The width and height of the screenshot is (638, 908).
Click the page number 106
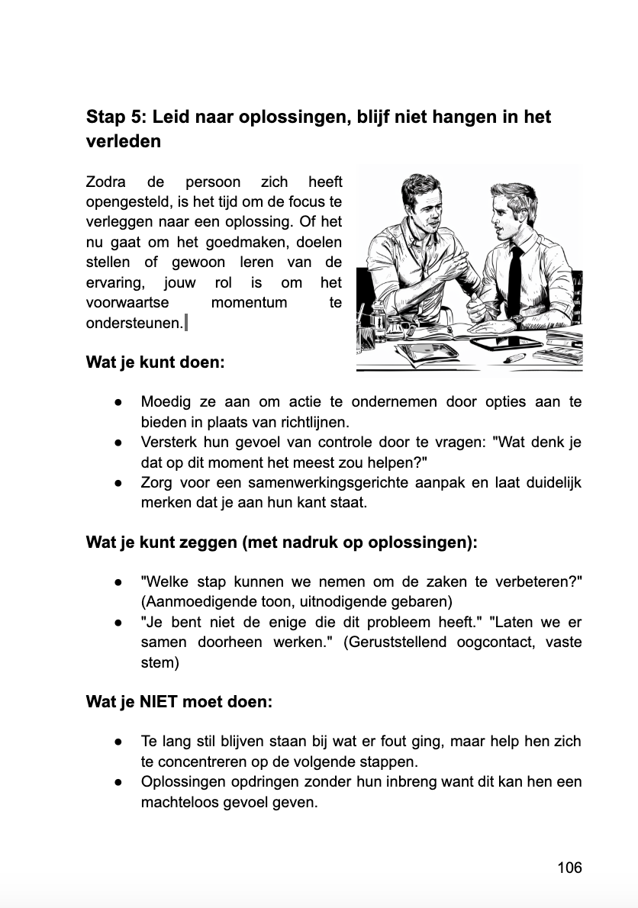[x=569, y=868]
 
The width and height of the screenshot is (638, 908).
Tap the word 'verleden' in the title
[x=124, y=142]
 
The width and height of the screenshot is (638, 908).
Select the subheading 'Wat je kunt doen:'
[x=155, y=362]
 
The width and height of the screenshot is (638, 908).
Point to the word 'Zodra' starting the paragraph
[x=107, y=182]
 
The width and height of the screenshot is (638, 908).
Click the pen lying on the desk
[x=514, y=356]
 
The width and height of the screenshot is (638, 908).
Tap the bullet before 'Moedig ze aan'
[x=119, y=402]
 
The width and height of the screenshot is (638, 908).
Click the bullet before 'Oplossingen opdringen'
[x=119, y=782]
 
